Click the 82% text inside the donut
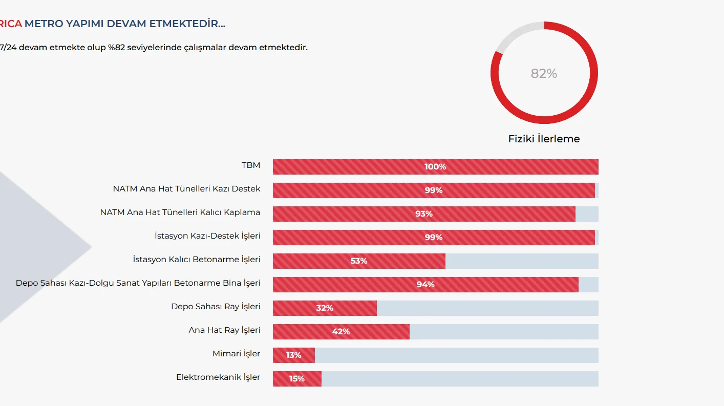click(544, 74)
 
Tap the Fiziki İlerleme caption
click(544, 139)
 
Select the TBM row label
click(251, 165)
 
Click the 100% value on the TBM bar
click(435, 167)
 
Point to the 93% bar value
click(424, 214)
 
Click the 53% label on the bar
click(359, 261)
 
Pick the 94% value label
click(425, 285)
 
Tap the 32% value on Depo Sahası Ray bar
click(325, 308)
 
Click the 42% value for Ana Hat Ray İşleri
click(341, 332)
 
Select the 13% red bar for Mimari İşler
click(294, 355)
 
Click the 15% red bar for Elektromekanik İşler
click(297, 379)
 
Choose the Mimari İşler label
click(236, 354)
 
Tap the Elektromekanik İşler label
click(218, 377)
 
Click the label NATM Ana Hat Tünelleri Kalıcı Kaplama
click(180, 212)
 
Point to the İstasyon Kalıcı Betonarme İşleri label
click(196, 260)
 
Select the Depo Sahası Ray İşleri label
click(216, 307)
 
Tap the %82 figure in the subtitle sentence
click(117, 48)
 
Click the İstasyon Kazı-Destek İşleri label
click(207, 236)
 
